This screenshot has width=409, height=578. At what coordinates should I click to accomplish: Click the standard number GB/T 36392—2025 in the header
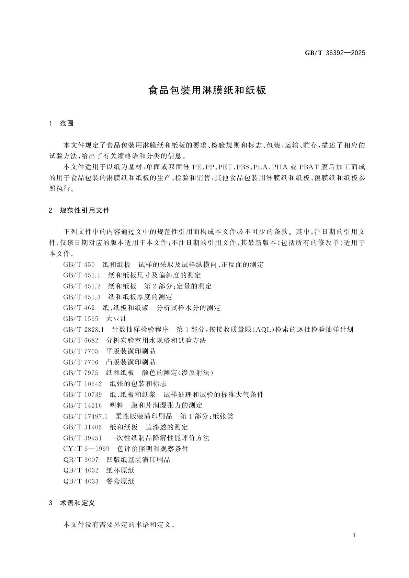click(335, 53)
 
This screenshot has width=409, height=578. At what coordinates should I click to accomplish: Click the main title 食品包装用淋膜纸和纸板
click(207, 91)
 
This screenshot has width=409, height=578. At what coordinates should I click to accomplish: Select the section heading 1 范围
click(62, 123)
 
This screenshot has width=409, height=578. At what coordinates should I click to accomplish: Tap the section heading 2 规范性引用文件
click(80, 211)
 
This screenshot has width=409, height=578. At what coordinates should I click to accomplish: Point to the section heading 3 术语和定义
click(72, 503)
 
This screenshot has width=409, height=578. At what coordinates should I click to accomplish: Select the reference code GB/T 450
click(79, 265)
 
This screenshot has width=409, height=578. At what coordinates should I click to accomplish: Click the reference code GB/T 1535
click(81, 319)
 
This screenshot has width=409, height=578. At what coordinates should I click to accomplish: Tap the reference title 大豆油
click(116, 319)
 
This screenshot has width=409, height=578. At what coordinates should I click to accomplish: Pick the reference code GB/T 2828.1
click(83, 330)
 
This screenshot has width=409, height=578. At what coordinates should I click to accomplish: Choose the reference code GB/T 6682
click(81, 341)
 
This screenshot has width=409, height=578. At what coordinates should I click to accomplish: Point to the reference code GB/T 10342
click(82, 384)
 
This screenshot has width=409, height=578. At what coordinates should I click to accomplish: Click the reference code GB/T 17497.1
click(85, 416)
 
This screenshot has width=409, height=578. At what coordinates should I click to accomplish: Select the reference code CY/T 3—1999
click(86, 449)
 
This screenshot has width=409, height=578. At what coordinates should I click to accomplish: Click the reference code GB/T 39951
click(82, 438)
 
